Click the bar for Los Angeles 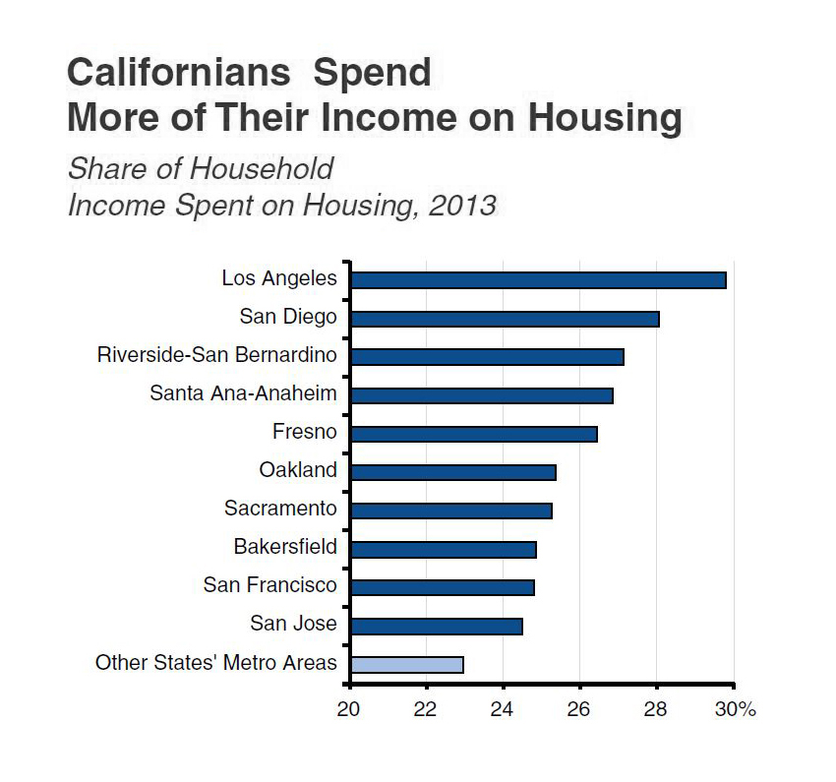point(538,280)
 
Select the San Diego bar point(505,319)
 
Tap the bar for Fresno point(473,434)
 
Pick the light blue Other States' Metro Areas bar point(406,664)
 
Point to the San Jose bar point(436,626)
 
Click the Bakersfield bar point(443,549)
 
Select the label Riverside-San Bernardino point(216,355)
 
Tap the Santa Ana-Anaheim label point(243,393)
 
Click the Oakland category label point(297,470)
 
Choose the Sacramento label point(280,509)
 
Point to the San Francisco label point(269,585)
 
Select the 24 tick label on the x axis point(503,709)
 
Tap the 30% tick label point(736,709)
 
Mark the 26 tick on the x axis point(579,709)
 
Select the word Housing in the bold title point(605,118)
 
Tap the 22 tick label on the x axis point(426,709)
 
